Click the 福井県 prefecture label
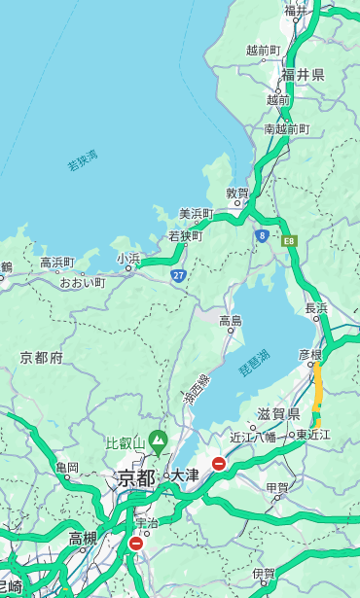click(303, 75)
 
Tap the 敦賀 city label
click(237, 193)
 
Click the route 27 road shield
click(179, 276)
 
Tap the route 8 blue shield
click(262, 234)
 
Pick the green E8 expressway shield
click(288, 239)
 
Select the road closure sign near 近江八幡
click(219, 464)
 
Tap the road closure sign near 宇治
click(135, 544)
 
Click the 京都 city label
click(136, 477)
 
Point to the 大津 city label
click(184, 476)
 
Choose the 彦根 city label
click(309, 356)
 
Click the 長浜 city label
click(316, 308)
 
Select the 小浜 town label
click(128, 258)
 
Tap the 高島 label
click(231, 320)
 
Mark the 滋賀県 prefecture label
click(278, 414)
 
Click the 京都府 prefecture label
click(42, 358)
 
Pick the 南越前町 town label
click(286, 128)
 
